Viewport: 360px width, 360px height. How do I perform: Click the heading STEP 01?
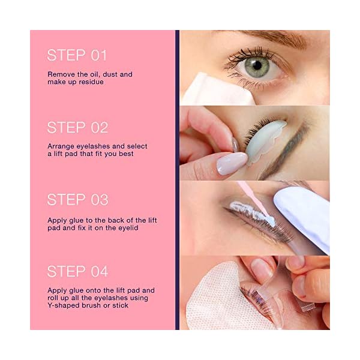(x=77, y=55)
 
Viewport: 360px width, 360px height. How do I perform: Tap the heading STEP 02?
(x=77, y=127)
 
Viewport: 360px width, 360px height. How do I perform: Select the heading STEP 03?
(x=77, y=199)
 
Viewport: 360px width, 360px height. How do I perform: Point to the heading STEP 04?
(x=77, y=271)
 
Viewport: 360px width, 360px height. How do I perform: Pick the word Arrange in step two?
(x=62, y=146)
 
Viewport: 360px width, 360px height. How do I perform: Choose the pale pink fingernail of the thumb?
(x=231, y=163)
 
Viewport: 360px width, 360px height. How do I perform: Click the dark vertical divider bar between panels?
(x=177, y=180)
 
